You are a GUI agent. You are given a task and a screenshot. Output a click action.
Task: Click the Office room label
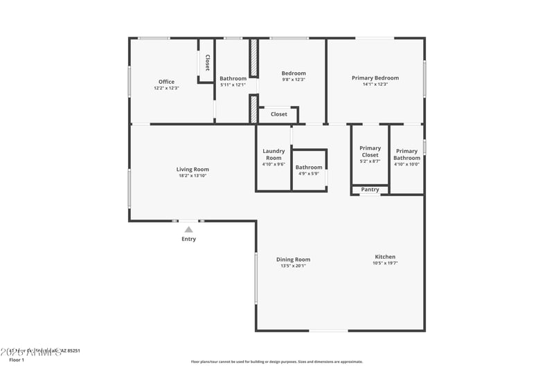click(166, 82)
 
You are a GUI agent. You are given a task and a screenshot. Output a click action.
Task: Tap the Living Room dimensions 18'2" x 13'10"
click(192, 176)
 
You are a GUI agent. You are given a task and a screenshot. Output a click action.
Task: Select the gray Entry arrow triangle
click(188, 229)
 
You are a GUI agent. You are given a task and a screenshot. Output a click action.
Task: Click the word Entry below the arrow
click(188, 239)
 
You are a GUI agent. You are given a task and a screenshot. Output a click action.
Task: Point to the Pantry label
click(370, 190)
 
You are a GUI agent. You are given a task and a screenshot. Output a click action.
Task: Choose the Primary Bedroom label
click(375, 78)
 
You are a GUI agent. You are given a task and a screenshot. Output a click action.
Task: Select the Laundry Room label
click(273, 154)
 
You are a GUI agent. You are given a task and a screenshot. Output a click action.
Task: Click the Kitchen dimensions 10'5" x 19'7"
click(385, 263)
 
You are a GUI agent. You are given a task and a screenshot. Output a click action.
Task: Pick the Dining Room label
click(293, 260)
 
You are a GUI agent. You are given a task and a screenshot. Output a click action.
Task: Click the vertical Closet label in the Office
click(206, 63)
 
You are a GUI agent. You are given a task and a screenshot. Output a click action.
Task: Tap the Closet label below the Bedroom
click(278, 114)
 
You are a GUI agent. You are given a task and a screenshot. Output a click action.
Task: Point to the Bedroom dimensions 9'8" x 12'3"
click(293, 80)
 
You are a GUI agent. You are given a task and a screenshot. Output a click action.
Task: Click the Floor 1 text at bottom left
click(17, 360)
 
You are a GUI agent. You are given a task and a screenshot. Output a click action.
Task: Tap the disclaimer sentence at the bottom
click(276, 361)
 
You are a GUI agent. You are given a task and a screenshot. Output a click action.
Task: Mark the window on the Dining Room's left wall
click(256, 277)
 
